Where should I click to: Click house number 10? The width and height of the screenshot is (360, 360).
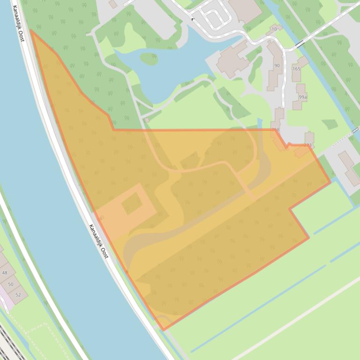[x=274, y=29]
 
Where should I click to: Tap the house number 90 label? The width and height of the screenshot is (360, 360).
[x=277, y=65]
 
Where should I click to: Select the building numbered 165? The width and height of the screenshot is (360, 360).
[x=296, y=69]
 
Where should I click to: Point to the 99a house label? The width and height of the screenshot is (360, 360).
[x=303, y=97]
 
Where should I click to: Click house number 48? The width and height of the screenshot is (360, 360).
[x=5, y=273]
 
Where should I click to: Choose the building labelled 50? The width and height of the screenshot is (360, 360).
[x=11, y=284]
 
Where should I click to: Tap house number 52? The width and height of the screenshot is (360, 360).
[x=18, y=295]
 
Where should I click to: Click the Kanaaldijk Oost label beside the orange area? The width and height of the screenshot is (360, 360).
[x=99, y=241]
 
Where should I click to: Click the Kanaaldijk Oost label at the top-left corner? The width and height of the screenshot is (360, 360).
[x=18, y=23]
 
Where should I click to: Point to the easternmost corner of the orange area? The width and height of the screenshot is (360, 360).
[x=330, y=182]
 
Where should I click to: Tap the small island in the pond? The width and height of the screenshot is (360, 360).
[x=149, y=58]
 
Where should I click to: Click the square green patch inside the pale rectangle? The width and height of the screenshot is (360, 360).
[x=132, y=203]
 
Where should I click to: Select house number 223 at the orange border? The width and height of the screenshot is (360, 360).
[x=307, y=145]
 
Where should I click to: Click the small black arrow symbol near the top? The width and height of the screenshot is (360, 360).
[x=193, y=19]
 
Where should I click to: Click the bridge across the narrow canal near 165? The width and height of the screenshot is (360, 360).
[x=299, y=45]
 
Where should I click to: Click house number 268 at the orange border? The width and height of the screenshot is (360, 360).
[x=275, y=130]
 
